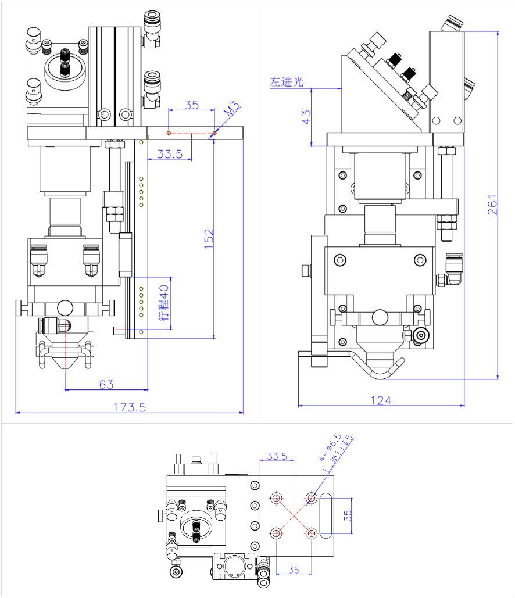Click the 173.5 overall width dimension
(x=128, y=407)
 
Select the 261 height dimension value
(x=492, y=205)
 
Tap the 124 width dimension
(x=381, y=400)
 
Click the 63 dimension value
(x=106, y=384)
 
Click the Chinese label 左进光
(x=287, y=82)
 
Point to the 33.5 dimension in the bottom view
(x=277, y=456)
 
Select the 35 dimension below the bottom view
(x=294, y=570)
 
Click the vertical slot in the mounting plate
(x=326, y=515)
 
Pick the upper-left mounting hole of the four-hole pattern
(x=277, y=498)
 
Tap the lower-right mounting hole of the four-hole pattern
(x=312, y=533)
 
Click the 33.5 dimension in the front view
(x=170, y=154)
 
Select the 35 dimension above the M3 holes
(x=191, y=105)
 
